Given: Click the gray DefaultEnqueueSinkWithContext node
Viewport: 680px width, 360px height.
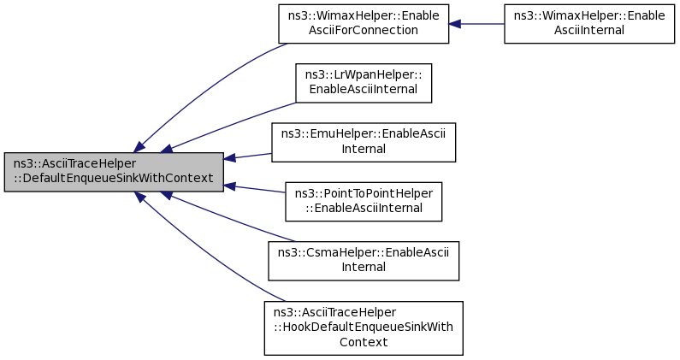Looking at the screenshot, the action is [114, 172].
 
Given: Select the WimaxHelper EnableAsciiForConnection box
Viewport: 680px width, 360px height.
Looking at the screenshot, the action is [364, 24].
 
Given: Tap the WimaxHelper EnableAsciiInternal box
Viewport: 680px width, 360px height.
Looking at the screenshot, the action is [589, 24].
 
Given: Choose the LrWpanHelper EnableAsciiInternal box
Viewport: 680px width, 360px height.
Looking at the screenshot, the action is [364, 83].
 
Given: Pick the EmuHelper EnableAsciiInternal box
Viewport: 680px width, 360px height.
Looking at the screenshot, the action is [364, 142].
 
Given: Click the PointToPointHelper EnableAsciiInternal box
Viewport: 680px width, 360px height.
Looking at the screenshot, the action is [364, 202].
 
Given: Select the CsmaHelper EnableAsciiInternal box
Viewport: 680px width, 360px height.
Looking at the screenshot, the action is [364, 261].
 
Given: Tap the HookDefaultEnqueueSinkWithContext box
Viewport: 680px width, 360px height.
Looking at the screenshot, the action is [364, 328].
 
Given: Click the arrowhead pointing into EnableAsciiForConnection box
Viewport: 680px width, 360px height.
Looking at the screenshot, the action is [454, 24].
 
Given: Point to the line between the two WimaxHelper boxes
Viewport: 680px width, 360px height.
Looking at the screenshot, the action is [476, 24].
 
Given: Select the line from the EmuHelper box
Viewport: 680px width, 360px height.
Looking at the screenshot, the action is [248, 156].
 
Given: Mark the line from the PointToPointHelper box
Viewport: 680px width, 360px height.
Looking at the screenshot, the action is [254, 189].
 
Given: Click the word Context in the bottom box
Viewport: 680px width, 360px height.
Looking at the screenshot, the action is [364, 342].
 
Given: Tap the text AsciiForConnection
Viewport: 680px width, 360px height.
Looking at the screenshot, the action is [364, 31].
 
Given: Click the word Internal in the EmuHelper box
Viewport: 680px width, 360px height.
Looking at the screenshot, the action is [364, 149].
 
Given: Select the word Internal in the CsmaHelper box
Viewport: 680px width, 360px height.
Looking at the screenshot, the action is [364, 267].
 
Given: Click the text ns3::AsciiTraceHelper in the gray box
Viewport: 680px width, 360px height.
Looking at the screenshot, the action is [74, 164].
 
